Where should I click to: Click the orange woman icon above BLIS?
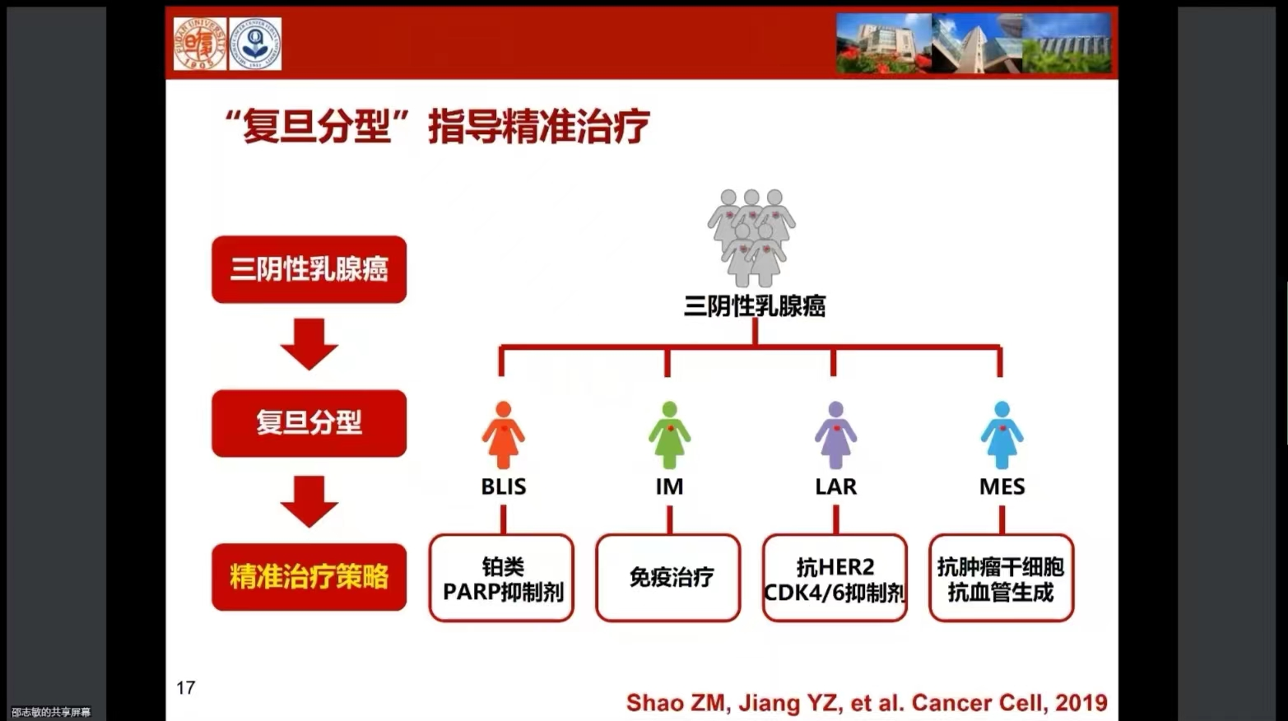[x=503, y=435]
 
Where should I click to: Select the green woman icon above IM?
[x=669, y=435]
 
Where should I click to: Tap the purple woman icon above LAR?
[x=835, y=435]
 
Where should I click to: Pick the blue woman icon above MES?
[x=1002, y=435]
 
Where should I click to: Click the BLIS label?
[x=504, y=486]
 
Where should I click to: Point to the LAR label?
[x=835, y=486]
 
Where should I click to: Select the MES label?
[x=1002, y=486]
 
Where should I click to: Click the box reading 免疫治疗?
[x=668, y=578]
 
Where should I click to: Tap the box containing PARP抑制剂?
[x=501, y=578]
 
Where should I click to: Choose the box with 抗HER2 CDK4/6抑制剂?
[x=835, y=578]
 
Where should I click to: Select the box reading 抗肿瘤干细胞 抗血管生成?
[x=1001, y=578]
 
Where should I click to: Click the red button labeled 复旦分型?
[x=309, y=423]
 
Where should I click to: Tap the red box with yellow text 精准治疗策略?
[x=309, y=577]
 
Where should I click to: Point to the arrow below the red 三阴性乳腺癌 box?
[x=309, y=344]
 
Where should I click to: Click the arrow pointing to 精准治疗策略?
[x=309, y=501]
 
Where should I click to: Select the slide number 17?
[x=186, y=687]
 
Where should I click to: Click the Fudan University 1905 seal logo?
[x=200, y=44]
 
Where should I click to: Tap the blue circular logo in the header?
[x=255, y=44]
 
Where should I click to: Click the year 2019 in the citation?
[x=1081, y=703]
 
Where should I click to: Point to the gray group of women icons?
[x=751, y=238]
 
